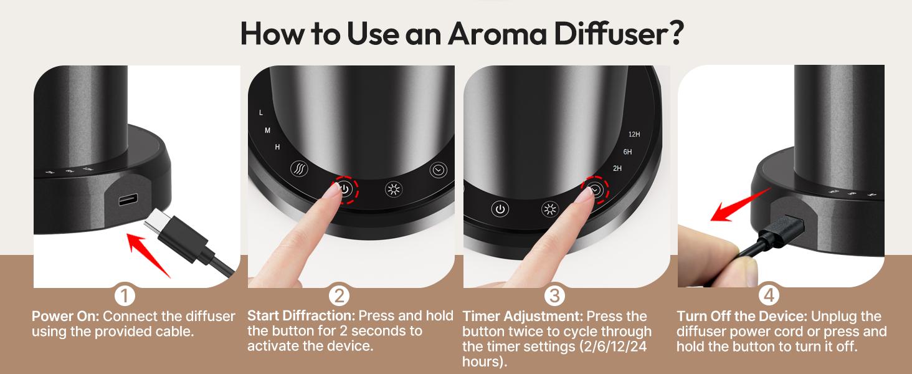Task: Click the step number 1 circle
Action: pyautogui.click(x=125, y=295)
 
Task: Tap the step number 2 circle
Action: pyautogui.click(x=339, y=295)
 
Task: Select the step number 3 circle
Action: pyautogui.click(x=554, y=295)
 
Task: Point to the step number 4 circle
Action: pyautogui.click(x=769, y=295)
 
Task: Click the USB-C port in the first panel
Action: pyautogui.click(x=128, y=200)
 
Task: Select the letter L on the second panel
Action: pyautogui.click(x=261, y=112)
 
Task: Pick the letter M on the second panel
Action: pyautogui.click(x=267, y=130)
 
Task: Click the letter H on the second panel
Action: pyautogui.click(x=277, y=146)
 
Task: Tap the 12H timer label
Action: pyautogui.click(x=634, y=134)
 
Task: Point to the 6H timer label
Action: pyautogui.click(x=627, y=151)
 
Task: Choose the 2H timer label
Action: pyautogui.click(x=617, y=168)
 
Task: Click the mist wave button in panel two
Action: pyautogui.click(x=299, y=168)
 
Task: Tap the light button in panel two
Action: pyautogui.click(x=394, y=189)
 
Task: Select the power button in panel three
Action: pyautogui.click(x=500, y=209)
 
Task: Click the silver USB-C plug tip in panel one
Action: pyautogui.click(x=155, y=221)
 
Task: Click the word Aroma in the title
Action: pyautogui.click(x=497, y=33)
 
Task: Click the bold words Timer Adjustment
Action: pyautogui.click(x=523, y=316)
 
